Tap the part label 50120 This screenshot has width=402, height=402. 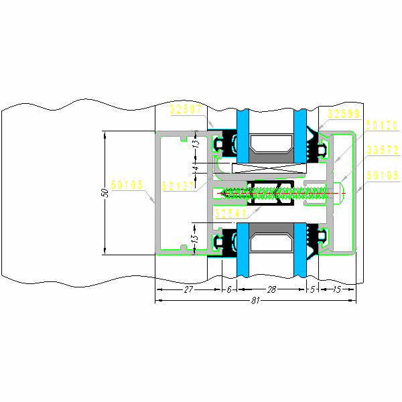382,125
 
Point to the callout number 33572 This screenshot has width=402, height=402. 382,150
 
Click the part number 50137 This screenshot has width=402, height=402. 178,186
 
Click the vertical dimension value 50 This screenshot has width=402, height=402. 105,192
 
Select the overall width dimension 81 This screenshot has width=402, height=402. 255,301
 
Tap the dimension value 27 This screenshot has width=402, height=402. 188,289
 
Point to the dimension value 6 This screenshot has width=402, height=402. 229,289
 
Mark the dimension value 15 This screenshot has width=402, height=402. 336,289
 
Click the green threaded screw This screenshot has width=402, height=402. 275,194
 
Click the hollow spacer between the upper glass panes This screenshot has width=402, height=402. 271,143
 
